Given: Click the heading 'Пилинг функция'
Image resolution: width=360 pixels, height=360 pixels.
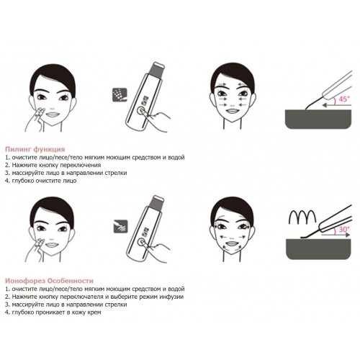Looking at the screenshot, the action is click(x=35, y=149).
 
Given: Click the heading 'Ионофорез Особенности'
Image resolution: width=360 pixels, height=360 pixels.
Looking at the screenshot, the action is click(x=49, y=281).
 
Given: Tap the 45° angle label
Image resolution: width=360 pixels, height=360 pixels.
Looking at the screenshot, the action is click(x=343, y=99).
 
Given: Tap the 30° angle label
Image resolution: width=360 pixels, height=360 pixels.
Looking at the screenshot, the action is click(x=344, y=230).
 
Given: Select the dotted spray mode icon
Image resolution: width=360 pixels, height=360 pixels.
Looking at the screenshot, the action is click(x=120, y=95).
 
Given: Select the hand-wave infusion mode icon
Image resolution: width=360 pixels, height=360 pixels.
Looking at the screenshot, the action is click(x=120, y=226).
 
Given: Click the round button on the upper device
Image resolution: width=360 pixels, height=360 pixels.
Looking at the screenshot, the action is click(x=141, y=112).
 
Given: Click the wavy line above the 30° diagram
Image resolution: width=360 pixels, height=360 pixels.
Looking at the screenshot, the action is click(x=302, y=216).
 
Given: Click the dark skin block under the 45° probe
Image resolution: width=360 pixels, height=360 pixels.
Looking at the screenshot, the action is click(x=318, y=120).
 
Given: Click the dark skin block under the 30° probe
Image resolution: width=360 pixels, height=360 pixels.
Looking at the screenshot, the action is click(x=318, y=249).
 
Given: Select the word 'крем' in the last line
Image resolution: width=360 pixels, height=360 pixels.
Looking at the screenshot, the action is click(x=94, y=312).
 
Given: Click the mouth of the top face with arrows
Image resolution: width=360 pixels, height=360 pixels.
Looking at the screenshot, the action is click(x=232, y=112).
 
